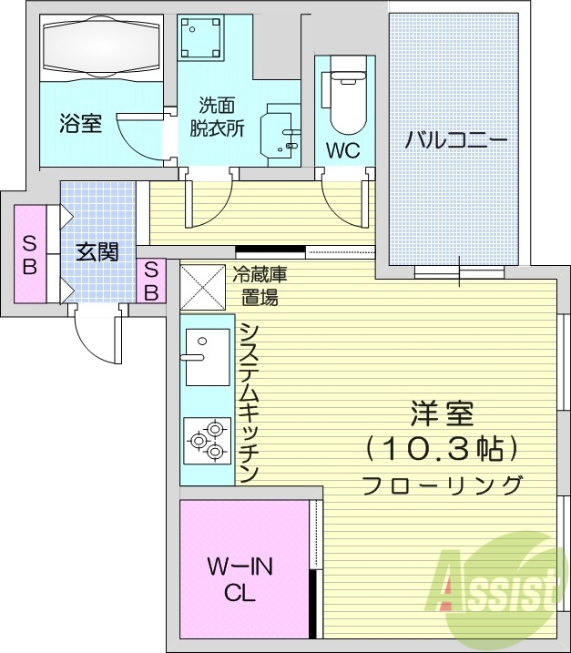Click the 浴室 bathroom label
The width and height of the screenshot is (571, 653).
pyautogui.click(x=80, y=124)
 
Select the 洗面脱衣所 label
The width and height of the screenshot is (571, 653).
pyautogui.click(x=217, y=117)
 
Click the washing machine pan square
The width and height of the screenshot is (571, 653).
pyautogui.click(x=200, y=37)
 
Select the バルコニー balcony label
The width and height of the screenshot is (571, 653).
pyautogui.click(x=455, y=140)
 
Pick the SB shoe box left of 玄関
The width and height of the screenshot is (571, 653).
pyautogui.click(x=30, y=254)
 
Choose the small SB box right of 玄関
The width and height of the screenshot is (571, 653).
pyautogui.click(x=151, y=281)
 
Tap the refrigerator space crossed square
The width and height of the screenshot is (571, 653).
pyautogui.click(x=201, y=285)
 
